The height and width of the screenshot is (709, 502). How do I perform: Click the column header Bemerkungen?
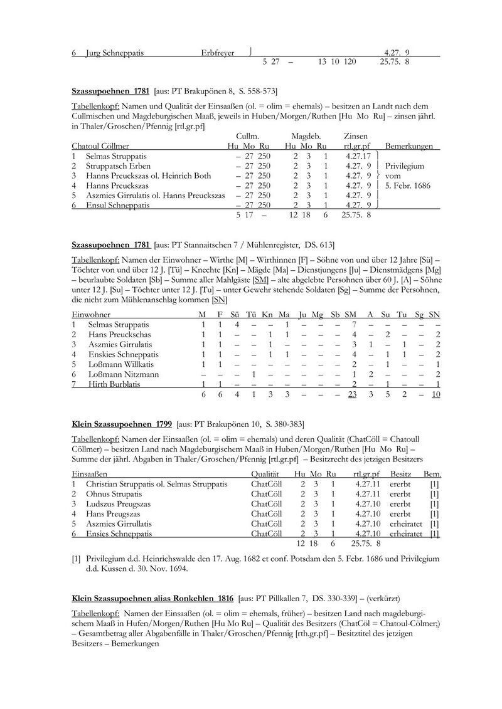(x=409, y=146)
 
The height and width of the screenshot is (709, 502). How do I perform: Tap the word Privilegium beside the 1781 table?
(x=404, y=166)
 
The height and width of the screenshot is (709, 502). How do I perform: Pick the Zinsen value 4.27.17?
(x=358, y=156)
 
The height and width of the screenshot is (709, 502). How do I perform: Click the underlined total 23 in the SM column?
(x=352, y=394)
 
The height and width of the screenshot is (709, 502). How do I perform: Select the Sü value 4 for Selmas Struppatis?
(x=236, y=324)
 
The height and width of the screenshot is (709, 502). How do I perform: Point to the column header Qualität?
(x=265, y=475)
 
